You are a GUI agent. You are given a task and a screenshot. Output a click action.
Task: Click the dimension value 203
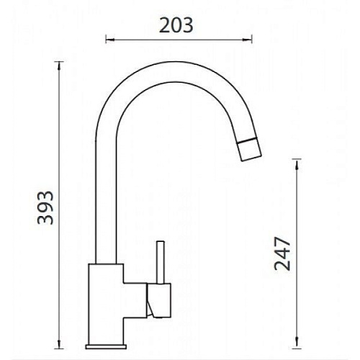click(x=176, y=25)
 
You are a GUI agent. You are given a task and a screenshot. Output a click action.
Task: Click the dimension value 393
click(x=45, y=208)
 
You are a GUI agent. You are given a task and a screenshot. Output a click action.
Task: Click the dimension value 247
click(x=282, y=254)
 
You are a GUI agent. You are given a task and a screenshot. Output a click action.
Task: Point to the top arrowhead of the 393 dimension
click(x=59, y=66)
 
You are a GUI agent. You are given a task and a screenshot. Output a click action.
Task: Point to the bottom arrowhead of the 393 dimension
click(x=59, y=344)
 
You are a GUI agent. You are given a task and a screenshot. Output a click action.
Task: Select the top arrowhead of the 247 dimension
click(x=297, y=163)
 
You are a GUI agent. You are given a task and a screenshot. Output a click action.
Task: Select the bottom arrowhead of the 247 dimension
click(x=297, y=344)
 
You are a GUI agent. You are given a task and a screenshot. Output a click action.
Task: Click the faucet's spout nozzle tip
click(x=249, y=149)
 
